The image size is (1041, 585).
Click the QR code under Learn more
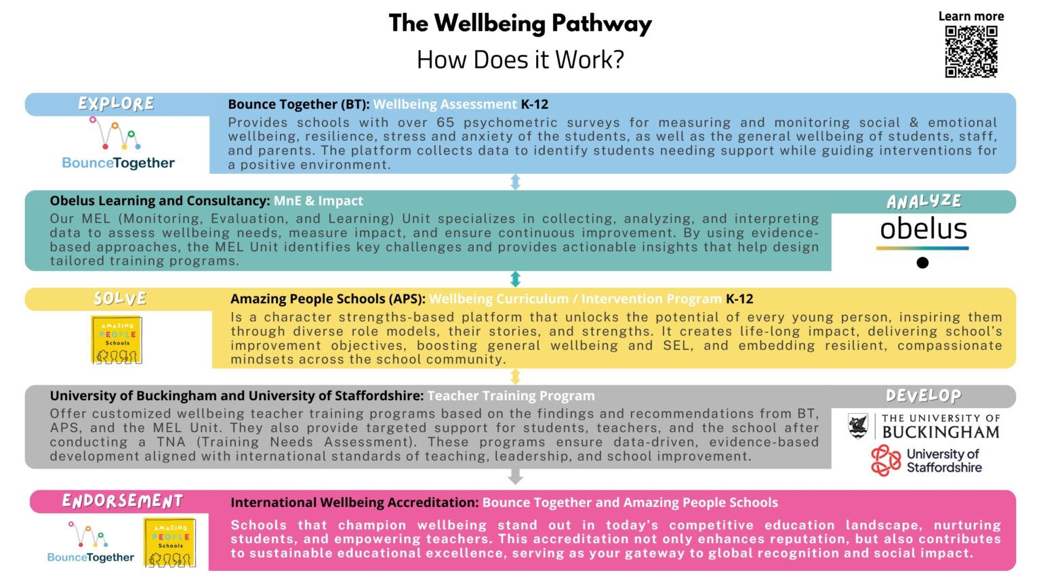(x=971, y=51)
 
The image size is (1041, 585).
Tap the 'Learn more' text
(x=971, y=16)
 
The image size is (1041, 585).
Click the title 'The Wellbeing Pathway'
(x=520, y=24)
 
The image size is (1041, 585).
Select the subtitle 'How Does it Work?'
(x=520, y=60)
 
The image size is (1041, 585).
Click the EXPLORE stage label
(x=116, y=104)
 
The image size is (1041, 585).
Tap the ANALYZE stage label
(x=924, y=201)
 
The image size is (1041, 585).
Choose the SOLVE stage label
(x=120, y=298)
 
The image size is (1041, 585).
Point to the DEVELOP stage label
(x=923, y=395)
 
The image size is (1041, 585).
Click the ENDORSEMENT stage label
(x=123, y=501)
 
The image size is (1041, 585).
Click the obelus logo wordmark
(x=923, y=229)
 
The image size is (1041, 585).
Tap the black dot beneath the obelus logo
(x=922, y=263)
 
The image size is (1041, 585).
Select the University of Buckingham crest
(x=858, y=426)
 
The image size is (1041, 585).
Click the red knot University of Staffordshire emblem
(x=886, y=460)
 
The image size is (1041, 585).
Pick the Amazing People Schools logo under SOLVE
(x=117, y=339)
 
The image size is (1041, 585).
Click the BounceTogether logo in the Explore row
(x=118, y=143)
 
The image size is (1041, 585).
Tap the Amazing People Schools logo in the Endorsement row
(x=169, y=542)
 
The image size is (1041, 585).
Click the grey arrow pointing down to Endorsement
(x=515, y=477)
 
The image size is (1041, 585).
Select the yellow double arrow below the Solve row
(x=515, y=376)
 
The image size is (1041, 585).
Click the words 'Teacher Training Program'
(x=511, y=395)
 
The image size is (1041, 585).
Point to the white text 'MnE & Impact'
(x=318, y=200)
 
